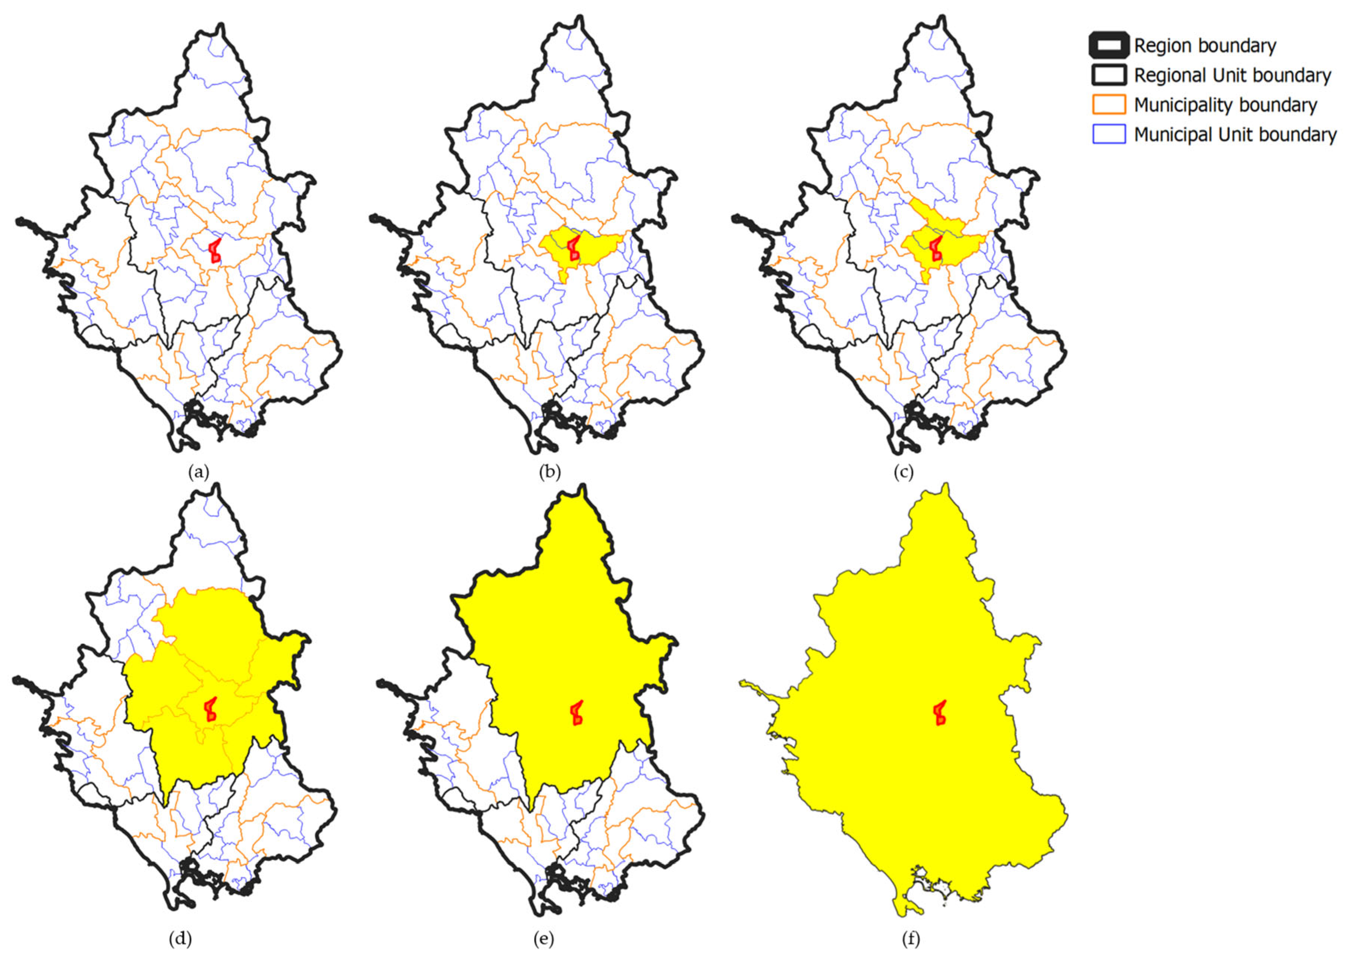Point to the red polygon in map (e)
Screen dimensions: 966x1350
click(x=576, y=713)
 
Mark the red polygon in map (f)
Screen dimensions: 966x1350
click(x=940, y=713)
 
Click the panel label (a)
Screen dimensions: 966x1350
click(x=199, y=472)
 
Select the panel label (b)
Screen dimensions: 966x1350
click(x=549, y=472)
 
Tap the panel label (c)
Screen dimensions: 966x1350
click(x=903, y=472)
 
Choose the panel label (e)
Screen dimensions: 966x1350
click(x=543, y=939)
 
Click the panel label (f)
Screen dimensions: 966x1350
click(x=911, y=939)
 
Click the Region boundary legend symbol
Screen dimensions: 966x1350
click(x=1108, y=45)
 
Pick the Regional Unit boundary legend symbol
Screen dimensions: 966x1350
click(x=1108, y=75)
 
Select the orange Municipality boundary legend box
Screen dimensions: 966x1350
click(x=1108, y=105)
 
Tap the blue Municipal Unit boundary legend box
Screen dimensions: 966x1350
click(x=1108, y=135)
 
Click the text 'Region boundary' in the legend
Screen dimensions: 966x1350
click(x=1205, y=46)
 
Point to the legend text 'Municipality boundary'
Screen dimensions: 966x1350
click(x=1225, y=105)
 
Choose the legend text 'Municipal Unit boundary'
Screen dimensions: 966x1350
click(x=1234, y=135)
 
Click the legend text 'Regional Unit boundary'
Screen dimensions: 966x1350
click(x=1232, y=76)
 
